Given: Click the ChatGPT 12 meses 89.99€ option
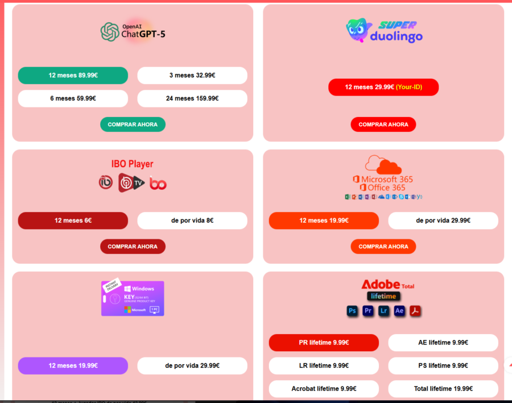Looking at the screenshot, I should [x=73, y=75].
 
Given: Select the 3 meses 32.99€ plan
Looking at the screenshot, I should [x=192, y=75].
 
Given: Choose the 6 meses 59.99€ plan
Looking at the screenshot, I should [x=73, y=98].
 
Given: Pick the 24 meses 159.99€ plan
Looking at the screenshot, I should [x=192, y=98].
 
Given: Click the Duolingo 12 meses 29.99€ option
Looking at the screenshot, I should [x=383, y=87].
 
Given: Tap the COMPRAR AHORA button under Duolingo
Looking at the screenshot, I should [x=383, y=124].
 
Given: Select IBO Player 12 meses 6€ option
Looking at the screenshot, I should [x=73, y=221].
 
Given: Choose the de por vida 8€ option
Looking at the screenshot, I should [x=192, y=221].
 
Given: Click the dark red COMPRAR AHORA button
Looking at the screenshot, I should [x=133, y=247].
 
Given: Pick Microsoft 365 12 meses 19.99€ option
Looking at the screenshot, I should [x=324, y=221].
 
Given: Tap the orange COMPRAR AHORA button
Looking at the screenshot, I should [x=383, y=247].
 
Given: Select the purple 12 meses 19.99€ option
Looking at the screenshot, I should [x=73, y=365].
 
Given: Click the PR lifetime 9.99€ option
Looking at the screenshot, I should [x=324, y=343].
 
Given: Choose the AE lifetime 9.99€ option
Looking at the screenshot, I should [x=443, y=343].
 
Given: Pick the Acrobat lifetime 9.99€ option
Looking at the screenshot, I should [x=324, y=389].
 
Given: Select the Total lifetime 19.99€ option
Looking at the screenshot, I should [x=443, y=389].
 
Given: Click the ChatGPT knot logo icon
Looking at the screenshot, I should [x=109, y=31].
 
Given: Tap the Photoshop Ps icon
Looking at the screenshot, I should [x=352, y=311].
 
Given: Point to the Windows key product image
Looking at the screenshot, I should [x=133, y=298].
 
